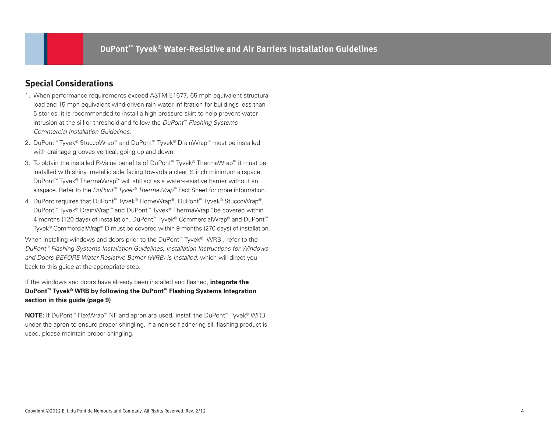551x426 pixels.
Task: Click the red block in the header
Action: coord(65,49)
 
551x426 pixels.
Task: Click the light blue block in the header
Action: coord(34,49)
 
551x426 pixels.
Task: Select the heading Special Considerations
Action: coord(69,83)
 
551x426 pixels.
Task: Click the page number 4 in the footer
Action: coord(522,411)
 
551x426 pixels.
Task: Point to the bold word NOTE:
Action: coord(34,315)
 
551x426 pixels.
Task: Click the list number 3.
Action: coord(27,163)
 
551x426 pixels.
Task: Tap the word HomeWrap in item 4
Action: coord(156,201)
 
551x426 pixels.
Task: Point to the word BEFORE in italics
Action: coord(68,258)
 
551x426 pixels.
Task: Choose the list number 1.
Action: coord(27,96)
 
